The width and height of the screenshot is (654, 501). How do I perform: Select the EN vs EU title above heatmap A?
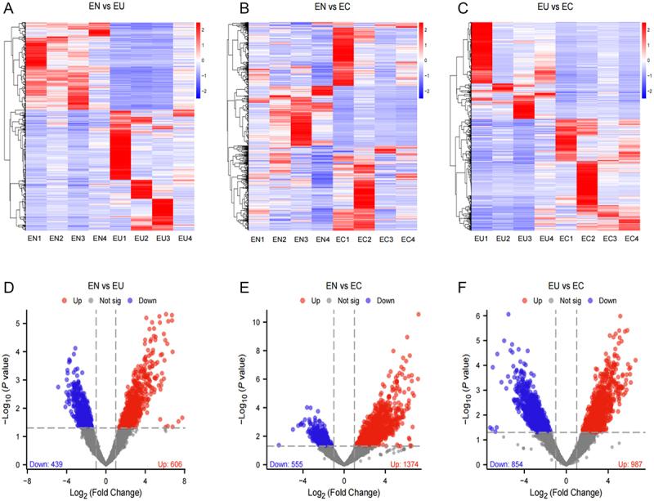(110, 8)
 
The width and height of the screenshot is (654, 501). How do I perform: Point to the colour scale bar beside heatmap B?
(421, 61)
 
